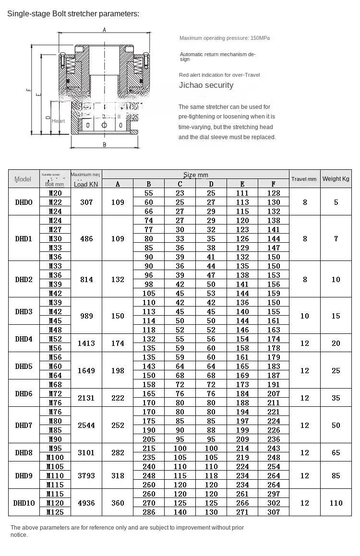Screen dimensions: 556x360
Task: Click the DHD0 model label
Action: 24,202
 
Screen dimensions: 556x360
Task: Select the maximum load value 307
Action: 86,202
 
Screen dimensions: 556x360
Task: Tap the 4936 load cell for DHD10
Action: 86,503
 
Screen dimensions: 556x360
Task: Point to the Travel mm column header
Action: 304,179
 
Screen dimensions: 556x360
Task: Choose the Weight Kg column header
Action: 336,179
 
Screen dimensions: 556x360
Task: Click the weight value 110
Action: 336,503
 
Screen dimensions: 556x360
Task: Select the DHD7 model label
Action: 24,425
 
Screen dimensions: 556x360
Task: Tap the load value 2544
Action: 86,425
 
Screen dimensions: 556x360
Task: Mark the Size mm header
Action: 195,175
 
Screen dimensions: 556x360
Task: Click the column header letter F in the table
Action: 273,184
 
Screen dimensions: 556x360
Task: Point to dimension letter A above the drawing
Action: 104,30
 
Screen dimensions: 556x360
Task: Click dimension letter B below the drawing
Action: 104,144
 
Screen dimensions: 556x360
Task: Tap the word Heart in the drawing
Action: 59,121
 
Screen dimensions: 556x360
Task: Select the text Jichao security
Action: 206,85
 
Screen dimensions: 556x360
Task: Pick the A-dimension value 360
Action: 118,503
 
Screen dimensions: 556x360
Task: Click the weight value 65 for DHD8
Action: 336,452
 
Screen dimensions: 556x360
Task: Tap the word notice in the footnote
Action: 19,535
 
